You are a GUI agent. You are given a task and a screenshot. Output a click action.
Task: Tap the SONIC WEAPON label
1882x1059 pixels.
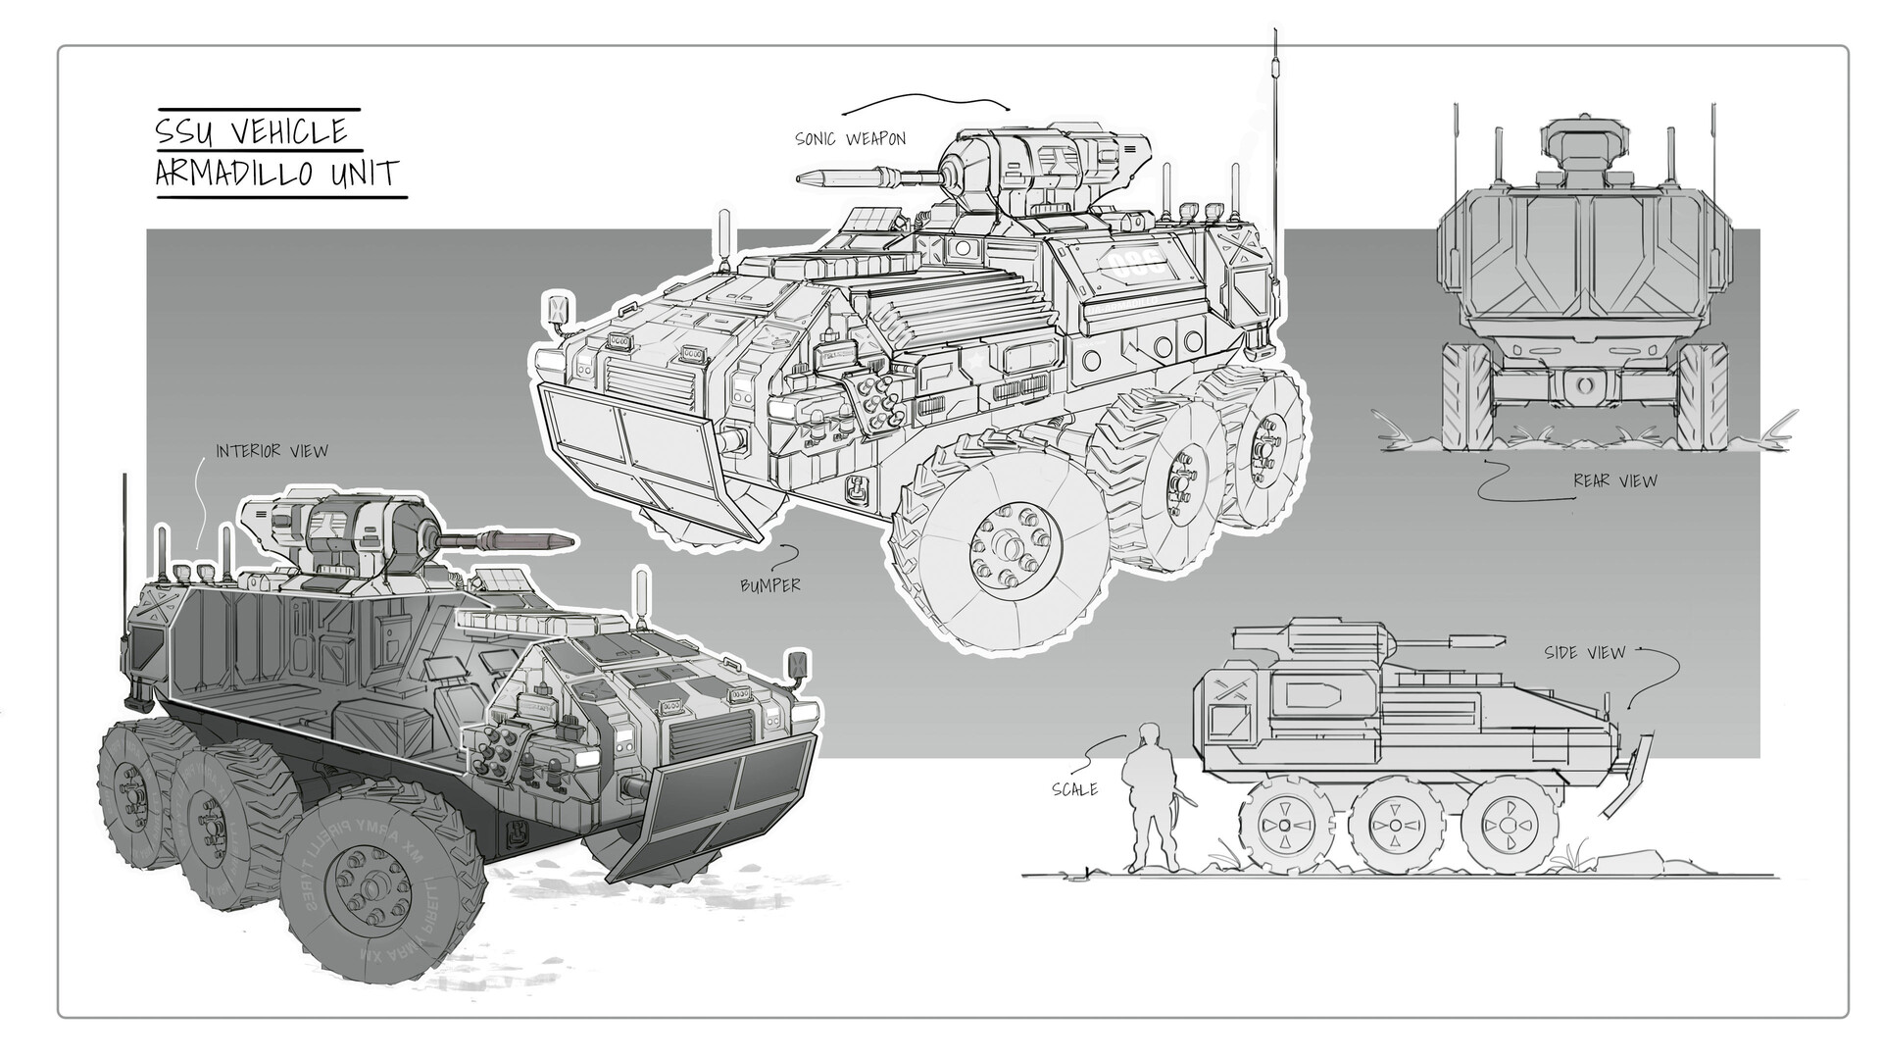pos(850,139)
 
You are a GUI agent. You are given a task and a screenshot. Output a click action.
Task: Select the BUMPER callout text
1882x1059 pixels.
pos(770,585)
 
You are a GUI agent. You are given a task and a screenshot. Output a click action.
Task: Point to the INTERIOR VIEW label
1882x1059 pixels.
pos(272,451)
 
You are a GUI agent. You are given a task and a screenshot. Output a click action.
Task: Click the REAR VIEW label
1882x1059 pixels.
pos(1614,480)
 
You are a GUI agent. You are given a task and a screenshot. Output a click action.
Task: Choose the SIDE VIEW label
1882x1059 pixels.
pos(1584,652)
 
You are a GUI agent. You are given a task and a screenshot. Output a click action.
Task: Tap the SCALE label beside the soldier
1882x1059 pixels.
pos(1074,788)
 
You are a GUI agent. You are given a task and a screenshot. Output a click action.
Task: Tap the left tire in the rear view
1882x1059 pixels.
pos(1466,396)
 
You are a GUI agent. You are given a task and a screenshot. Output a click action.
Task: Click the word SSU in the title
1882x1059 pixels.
pos(183,131)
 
